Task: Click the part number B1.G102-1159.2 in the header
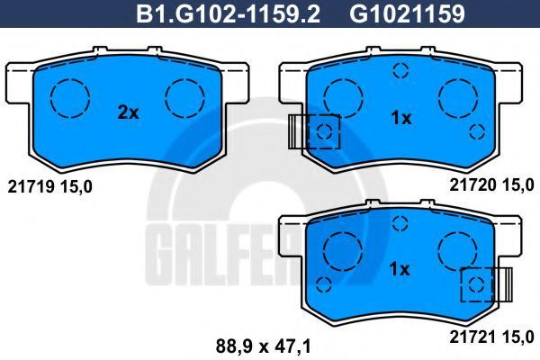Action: pyautogui.click(x=228, y=14)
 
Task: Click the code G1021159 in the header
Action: pyautogui.click(x=408, y=14)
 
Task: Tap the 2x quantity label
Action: pyautogui.click(x=128, y=112)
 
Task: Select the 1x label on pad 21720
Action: pyautogui.click(x=401, y=119)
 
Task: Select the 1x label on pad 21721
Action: pyautogui.click(x=400, y=269)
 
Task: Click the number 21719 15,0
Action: pyautogui.click(x=49, y=187)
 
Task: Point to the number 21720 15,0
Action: pyautogui.click(x=491, y=185)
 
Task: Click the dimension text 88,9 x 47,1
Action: pyautogui.click(x=264, y=346)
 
